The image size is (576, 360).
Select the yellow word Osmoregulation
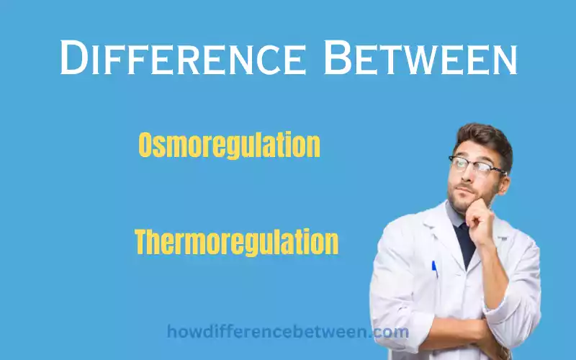pyautogui.click(x=229, y=145)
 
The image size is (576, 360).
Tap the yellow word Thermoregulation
pyautogui.click(x=236, y=243)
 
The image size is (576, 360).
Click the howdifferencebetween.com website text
pyautogui.click(x=288, y=333)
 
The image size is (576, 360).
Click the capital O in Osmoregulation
pyautogui.click(x=146, y=145)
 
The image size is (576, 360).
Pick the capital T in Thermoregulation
pyautogui.click(x=143, y=243)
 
